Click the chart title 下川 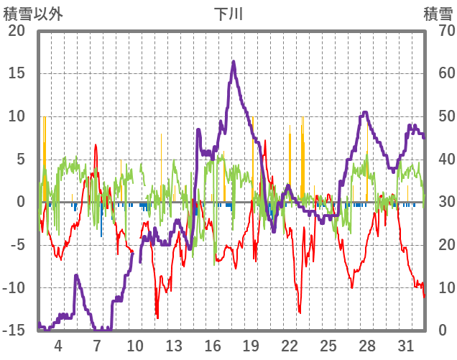(x=228, y=14)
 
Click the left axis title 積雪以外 (x=33, y=14)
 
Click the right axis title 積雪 (x=437, y=14)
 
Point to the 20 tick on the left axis (x=16, y=31)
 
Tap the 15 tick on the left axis (x=16, y=73)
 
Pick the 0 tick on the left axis (x=21, y=202)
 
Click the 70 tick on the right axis (x=440, y=31)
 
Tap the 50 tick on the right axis (x=440, y=116)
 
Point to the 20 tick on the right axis (x=440, y=245)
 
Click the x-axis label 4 (x=58, y=344)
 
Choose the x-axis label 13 (x=174, y=344)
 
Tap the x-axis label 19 (x=251, y=344)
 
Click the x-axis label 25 (x=328, y=344)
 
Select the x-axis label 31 (x=405, y=344)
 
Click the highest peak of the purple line (x=234, y=62)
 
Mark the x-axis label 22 (x=290, y=344)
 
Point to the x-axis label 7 (x=97, y=344)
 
